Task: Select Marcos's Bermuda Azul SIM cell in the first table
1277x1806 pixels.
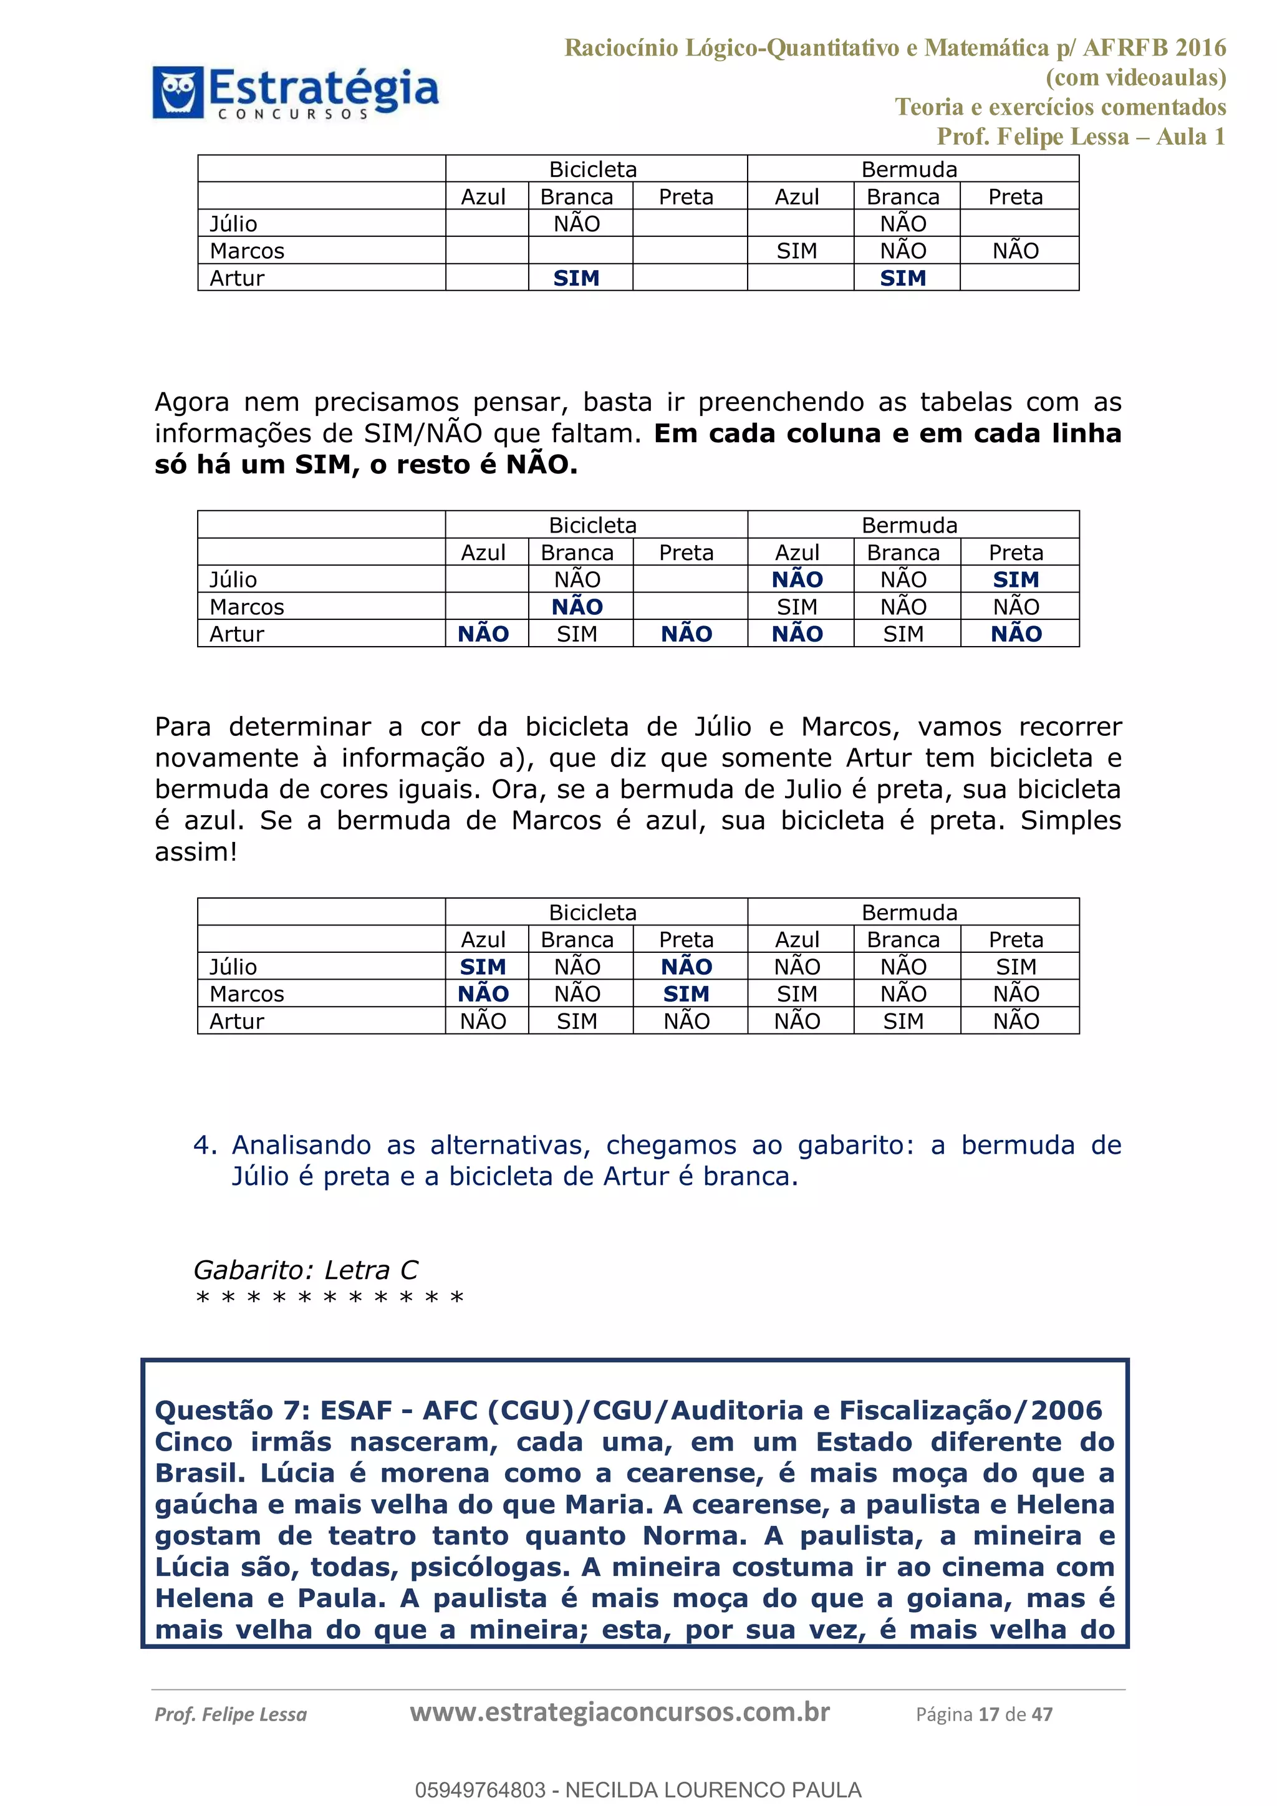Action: coord(796,251)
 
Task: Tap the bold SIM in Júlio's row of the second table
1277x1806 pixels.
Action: coord(1015,580)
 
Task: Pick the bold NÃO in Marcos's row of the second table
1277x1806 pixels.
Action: coord(576,606)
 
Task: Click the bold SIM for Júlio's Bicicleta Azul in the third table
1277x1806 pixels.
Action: coord(483,967)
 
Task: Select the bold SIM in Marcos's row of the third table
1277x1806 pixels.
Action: coord(686,993)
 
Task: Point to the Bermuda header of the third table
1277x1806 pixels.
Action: coord(909,912)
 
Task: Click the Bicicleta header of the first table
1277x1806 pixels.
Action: coord(593,169)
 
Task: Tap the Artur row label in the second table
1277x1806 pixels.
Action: coord(237,634)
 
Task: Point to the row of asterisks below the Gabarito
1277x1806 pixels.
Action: coord(329,1298)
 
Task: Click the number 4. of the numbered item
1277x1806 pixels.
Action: coord(205,1145)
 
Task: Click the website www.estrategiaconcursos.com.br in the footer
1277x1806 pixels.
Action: coord(620,1712)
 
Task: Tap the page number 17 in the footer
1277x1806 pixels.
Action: coord(988,1715)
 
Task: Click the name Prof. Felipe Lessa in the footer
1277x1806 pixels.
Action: coord(230,1715)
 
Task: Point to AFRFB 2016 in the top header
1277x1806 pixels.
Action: coord(1154,48)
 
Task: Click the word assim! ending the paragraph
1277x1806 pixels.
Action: coord(195,852)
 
